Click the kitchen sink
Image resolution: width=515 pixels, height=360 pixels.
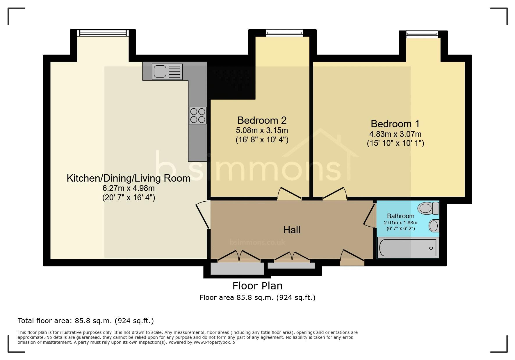coord(167,71)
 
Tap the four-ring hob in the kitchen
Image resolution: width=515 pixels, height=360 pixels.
coord(198,116)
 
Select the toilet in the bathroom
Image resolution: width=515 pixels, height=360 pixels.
coord(428,208)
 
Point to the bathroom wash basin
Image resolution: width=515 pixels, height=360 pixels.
coord(434,226)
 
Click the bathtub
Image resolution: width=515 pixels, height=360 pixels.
coord(408,248)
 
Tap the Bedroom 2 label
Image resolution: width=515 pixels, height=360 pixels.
coord(262,120)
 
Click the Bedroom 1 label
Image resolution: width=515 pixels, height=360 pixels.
coord(395,124)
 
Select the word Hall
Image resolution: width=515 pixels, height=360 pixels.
coord(292,230)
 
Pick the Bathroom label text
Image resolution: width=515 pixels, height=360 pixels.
coord(400,216)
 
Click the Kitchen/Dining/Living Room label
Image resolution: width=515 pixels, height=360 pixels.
coord(129,178)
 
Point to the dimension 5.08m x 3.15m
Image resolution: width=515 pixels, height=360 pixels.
coord(262,130)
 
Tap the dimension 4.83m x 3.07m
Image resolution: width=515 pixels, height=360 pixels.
coord(395,134)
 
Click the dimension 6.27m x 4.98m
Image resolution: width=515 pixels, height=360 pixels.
coord(129,188)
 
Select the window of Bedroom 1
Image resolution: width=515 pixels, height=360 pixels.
coord(422,34)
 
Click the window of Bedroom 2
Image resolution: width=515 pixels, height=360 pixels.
coord(284,33)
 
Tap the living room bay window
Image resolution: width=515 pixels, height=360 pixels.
coord(103,33)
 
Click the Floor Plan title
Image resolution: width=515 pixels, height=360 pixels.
coord(257,286)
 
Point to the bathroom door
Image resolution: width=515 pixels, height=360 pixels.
coord(370,215)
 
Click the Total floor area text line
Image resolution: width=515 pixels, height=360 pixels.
coord(86,321)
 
